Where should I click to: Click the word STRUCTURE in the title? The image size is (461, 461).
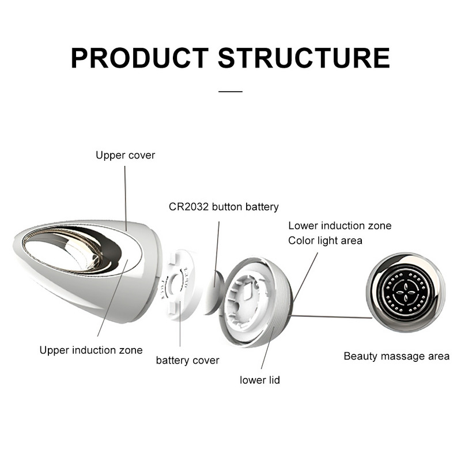click(304, 58)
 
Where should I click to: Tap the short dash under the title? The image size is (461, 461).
click(231, 91)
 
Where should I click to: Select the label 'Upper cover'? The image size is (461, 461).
click(125, 155)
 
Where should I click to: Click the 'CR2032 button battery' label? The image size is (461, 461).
click(224, 206)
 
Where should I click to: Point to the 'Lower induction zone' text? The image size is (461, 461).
click(339, 225)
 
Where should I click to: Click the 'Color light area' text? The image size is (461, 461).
click(325, 240)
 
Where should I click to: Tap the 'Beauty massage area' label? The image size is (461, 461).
click(396, 356)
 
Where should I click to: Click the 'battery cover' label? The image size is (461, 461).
click(187, 361)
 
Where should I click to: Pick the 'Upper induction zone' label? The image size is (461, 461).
click(90, 350)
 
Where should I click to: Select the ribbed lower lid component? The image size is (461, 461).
click(262, 303)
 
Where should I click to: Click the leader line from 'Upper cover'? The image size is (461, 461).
click(125, 196)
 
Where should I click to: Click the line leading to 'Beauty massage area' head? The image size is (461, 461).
click(331, 316)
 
